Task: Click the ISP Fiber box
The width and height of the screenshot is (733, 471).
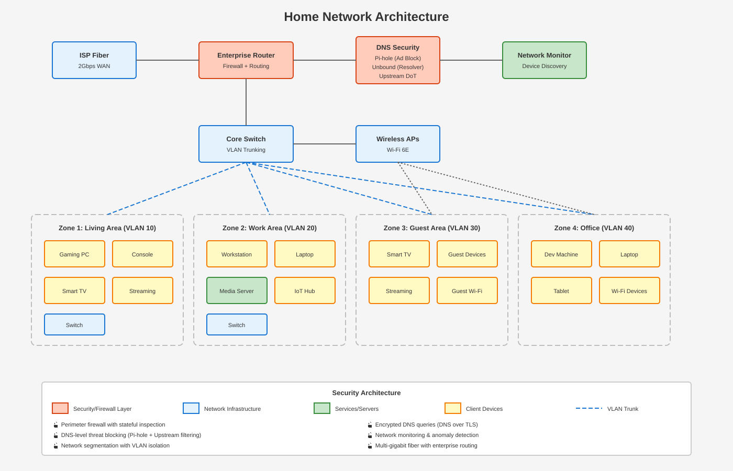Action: [94, 60]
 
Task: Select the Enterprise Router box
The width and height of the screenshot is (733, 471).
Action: [246, 60]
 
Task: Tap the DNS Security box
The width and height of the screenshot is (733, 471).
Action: [398, 60]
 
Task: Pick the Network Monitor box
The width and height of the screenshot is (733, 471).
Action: [545, 60]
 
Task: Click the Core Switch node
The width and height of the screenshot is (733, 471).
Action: [246, 144]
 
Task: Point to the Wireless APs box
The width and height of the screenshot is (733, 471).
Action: [398, 144]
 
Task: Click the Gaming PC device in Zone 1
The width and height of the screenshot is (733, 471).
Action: [74, 254]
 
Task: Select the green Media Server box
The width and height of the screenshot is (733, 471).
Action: [237, 290]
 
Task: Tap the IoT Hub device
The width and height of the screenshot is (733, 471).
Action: [305, 290]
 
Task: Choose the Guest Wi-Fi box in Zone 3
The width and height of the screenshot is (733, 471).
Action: [467, 290]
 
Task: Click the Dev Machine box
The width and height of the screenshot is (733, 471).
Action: [561, 254]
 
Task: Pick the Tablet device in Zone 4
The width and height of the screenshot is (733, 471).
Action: [561, 290]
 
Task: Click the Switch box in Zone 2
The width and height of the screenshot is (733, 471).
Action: [237, 324]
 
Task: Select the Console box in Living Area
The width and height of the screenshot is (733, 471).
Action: [142, 254]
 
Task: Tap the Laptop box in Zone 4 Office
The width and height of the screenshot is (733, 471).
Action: [629, 254]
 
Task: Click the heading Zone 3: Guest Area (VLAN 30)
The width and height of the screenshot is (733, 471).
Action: [432, 228]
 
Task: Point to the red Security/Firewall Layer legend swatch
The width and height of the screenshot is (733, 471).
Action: [60, 408]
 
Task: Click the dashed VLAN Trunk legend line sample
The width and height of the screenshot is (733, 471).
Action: [589, 408]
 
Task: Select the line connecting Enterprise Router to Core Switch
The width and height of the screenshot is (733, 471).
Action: [246, 102]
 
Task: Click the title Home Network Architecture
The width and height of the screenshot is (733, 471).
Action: [366, 17]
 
